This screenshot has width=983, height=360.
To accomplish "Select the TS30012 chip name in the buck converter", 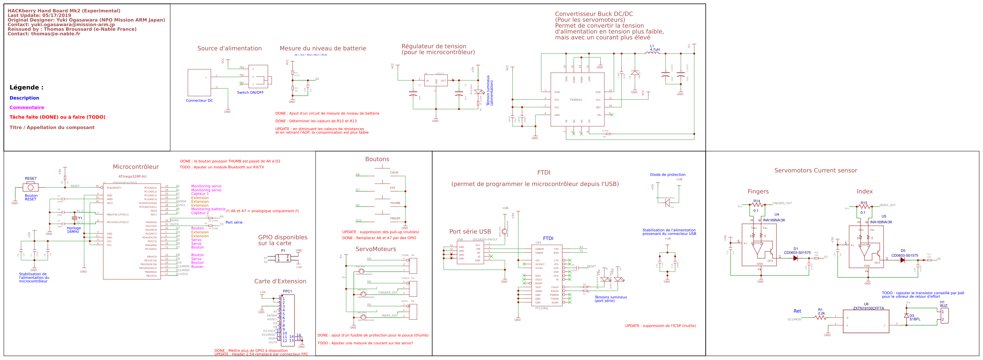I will (x=576, y=100).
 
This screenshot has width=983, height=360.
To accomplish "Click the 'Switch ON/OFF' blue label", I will (x=250, y=93).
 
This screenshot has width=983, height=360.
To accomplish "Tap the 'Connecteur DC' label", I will (x=199, y=101).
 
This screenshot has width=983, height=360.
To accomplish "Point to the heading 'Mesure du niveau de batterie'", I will (x=322, y=48).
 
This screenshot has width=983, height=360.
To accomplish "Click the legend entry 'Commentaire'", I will (x=27, y=108).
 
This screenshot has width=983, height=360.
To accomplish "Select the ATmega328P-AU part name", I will (x=132, y=177).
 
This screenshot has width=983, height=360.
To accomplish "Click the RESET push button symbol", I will (x=31, y=187).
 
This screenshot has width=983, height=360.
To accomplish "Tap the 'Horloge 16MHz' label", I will (x=73, y=230).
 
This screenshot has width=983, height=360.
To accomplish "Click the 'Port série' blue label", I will (x=234, y=222).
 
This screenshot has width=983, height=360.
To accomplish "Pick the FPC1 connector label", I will (x=287, y=292).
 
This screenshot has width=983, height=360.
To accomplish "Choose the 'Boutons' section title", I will (x=377, y=159).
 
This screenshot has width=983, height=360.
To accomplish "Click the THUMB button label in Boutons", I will (x=395, y=203).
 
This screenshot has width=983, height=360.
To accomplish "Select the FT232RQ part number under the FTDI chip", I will (x=541, y=308).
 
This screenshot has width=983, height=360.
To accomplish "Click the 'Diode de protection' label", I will (x=667, y=175).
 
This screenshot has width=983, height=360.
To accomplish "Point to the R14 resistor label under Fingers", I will (x=757, y=201).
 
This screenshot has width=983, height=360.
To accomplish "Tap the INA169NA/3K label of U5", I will (x=881, y=222).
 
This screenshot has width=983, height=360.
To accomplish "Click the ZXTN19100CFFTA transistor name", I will (x=868, y=308).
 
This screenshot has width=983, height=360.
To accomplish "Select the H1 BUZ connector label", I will (x=943, y=304).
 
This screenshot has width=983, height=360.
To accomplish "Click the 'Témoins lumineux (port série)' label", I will (x=610, y=299).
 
